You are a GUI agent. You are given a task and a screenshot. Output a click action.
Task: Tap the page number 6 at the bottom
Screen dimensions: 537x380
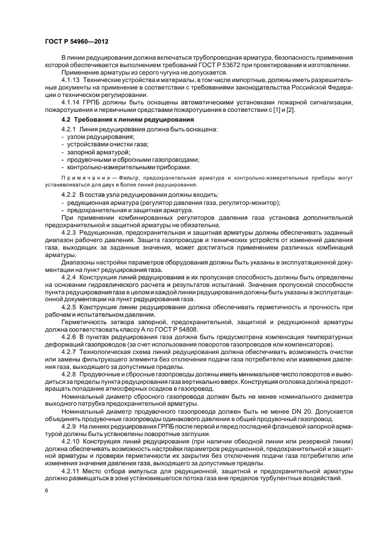click(46, 491)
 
